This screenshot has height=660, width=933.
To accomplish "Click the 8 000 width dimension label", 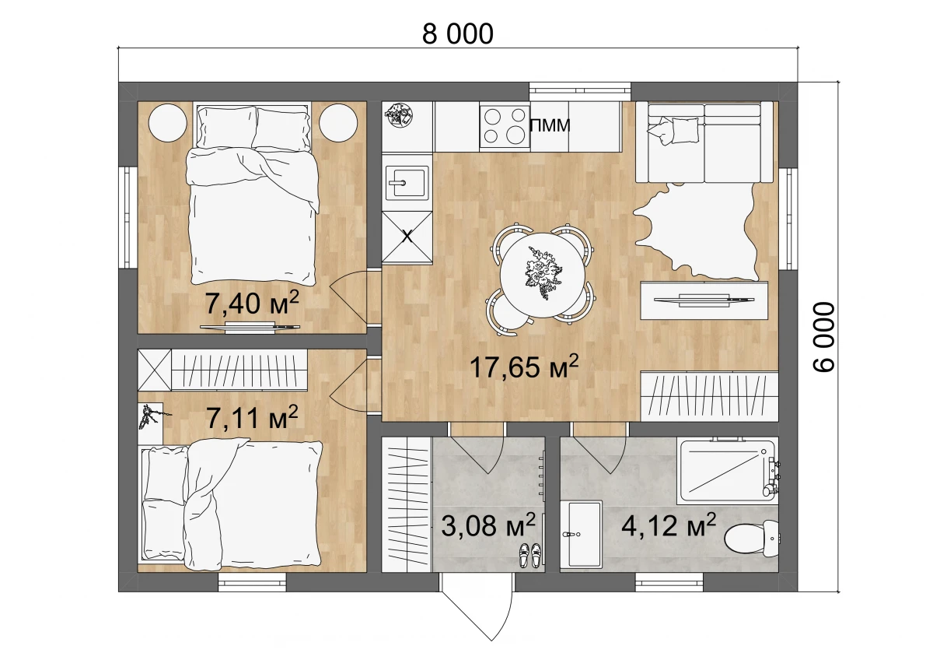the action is tap(457, 33).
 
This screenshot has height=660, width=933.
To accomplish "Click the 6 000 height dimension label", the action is tap(823, 336).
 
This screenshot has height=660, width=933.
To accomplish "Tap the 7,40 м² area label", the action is tap(252, 303).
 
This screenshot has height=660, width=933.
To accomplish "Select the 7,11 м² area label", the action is tap(252, 417).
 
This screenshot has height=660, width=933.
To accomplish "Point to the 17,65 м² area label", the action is tap(524, 367).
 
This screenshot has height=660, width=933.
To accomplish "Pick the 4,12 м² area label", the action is tap(669, 525).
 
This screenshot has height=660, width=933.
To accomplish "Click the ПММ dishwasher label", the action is tap(550, 125).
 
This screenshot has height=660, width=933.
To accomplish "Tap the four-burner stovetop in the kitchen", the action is tap(505, 125).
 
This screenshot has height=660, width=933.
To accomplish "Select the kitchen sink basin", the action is tap(407, 182).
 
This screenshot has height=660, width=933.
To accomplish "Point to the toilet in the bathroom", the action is tap(751, 539).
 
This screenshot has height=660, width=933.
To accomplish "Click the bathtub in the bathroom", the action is tap(728, 470).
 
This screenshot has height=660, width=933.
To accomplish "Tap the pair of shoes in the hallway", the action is tap(529, 555).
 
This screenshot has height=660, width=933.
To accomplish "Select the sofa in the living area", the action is tap(704, 142).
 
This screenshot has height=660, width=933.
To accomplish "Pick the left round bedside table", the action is tap(167, 123).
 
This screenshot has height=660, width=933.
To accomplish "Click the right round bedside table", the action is tap(338, 123).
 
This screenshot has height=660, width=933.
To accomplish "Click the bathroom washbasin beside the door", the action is tap(581, 535).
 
